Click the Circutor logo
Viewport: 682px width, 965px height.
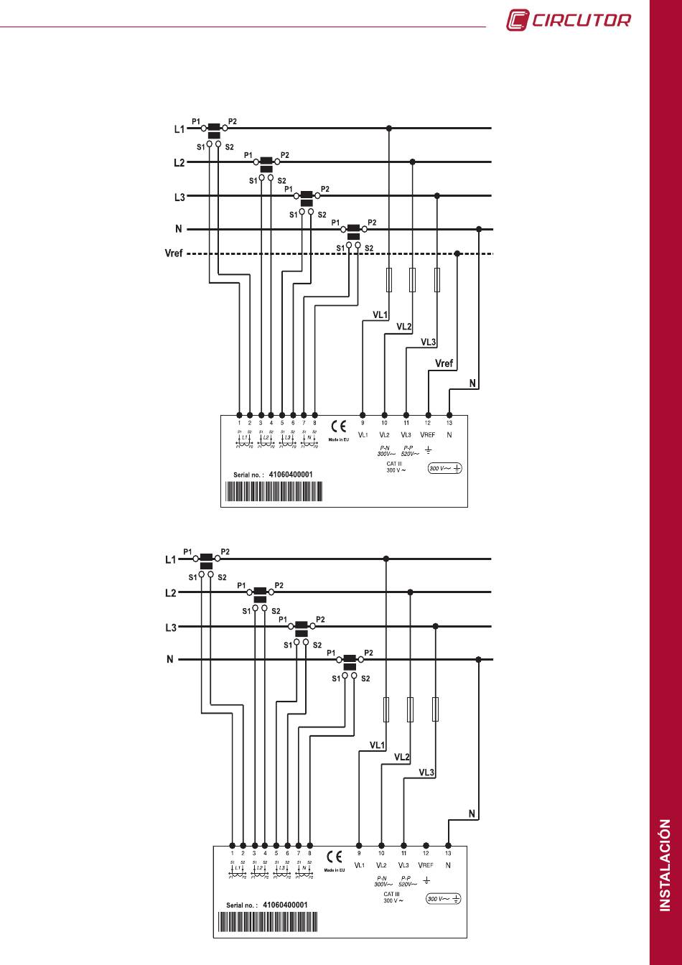click(x=569, y=19)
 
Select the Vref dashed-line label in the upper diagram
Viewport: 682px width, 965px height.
click(x=175, y=253)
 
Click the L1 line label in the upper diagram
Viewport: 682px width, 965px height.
click(x=179, y=129)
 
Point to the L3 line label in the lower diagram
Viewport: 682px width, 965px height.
click(x=171, y=628)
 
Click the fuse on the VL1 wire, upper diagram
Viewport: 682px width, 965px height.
click(x=389, y=280)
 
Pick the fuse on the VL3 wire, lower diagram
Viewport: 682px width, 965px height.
click(x=435, y=709)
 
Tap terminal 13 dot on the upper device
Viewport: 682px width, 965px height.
click(x=449, y=415)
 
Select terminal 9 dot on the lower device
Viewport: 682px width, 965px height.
click(x=359, y=846)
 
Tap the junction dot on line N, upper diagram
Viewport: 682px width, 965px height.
click(x=479, y=230)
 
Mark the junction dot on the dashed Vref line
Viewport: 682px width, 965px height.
click(x=457, y=253)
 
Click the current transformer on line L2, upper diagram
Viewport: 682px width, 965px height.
click(x=266, y=164)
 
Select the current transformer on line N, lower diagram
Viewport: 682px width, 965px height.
click(x=350, y=662)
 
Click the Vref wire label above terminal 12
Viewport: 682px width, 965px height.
click(x=444, y=363)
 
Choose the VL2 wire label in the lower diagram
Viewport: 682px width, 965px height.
click(x=402, y=757)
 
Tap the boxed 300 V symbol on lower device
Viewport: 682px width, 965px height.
click(x=444, y=898)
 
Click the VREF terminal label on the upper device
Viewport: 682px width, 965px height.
click(x=428, y=434)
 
